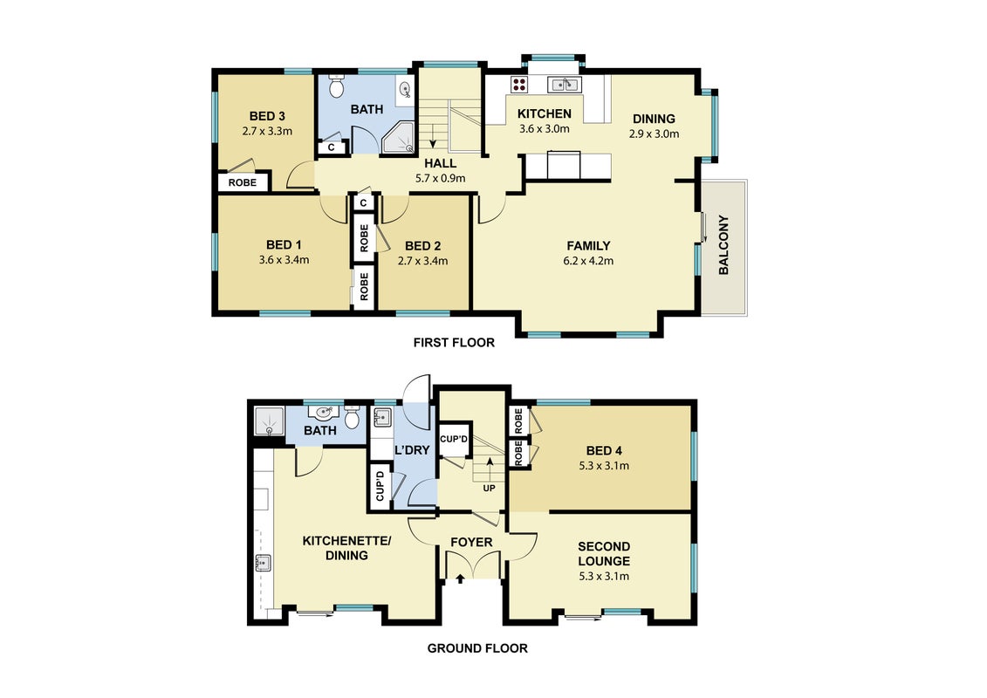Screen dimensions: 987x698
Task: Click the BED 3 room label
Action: (x=267, y=116)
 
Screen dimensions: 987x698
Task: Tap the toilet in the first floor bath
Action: (x=336, y=86)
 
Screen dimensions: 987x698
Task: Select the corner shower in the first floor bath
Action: (x=399, y=138)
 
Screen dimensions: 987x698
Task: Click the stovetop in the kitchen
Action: (x=519, y=84)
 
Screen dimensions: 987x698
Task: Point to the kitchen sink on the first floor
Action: (x=564, y=84)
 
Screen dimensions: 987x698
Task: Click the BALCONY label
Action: (x=723, y=245)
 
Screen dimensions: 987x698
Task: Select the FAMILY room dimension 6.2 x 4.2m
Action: (x=588, y=261)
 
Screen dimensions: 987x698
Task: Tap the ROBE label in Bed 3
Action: (x=243, y=182)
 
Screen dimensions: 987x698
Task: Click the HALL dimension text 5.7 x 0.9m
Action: (x=440, y=178)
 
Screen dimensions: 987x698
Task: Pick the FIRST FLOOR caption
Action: (x=454, y=342)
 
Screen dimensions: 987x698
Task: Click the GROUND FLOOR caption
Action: (x=477, y=648)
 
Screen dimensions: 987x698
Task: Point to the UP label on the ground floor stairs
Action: (x=489, y=489)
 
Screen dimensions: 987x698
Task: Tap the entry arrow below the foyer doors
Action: (x=460, y=578)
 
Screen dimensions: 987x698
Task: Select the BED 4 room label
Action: (x=604, y=451)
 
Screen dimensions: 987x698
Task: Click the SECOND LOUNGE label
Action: (x=604, y=553)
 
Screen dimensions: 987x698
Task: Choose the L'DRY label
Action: (x=412, y=450)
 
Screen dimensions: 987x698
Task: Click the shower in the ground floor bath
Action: (x=270, y=421)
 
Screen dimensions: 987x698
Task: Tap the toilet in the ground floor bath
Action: (x=353, y=417)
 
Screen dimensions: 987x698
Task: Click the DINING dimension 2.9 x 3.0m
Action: (x=654, y=133)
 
